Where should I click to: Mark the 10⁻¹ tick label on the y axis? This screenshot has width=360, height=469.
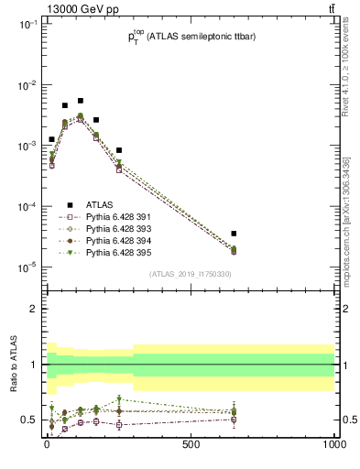point(27,25)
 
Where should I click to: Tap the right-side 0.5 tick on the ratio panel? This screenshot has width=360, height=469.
point(345,420)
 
